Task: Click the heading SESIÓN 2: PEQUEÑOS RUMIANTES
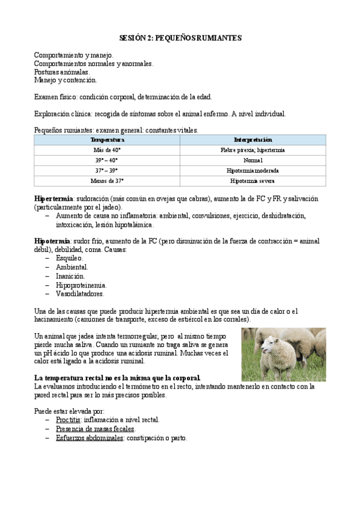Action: [x=180, y=38]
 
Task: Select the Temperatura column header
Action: [x=107, y=140]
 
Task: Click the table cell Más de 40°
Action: [x=107, y=150]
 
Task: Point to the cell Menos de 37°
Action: [x=107, y=180]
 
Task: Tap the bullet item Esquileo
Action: [x=70, y=258]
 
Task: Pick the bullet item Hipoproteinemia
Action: [x=81, y=284]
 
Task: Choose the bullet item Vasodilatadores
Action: [x=80, y=293]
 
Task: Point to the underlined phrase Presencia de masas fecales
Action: [x=95, y=429]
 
